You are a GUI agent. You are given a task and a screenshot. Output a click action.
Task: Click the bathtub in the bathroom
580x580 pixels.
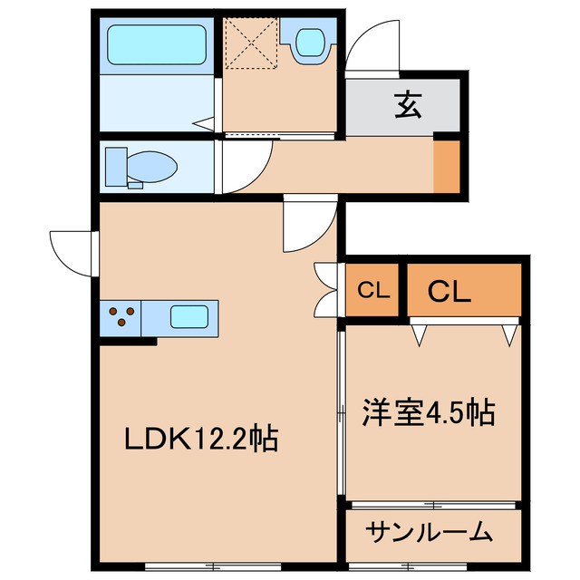(156, 44)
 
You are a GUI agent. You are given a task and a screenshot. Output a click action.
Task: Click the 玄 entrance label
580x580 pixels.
(406, 105)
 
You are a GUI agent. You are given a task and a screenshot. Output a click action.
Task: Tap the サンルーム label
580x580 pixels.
(430, 532)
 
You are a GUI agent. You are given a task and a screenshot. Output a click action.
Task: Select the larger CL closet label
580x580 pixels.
(449, 292)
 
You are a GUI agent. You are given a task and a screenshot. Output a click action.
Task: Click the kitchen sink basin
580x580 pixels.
(189, 317)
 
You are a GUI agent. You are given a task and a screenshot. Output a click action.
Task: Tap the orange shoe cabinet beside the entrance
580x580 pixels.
(445, 166)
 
